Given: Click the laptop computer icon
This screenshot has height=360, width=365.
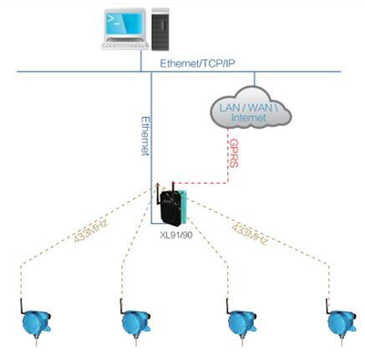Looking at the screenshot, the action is [x=124, y=29].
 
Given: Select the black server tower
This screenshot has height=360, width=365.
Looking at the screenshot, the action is [x=161, y=29].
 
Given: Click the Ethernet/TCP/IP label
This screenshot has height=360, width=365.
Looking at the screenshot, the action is [x=197, y=63].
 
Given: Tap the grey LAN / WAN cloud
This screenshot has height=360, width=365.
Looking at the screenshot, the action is [x=250, y=107].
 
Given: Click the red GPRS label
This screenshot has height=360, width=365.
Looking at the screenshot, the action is [x=234, y=154].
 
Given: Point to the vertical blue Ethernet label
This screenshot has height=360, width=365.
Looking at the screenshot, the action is [x=146, y=136].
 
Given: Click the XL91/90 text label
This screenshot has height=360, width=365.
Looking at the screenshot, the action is [x=176, y=235].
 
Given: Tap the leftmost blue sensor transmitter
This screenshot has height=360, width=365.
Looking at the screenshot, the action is [x=36, y=323].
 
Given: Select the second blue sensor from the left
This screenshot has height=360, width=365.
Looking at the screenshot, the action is [x=135, y=323].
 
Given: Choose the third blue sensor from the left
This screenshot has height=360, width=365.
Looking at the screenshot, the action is [x=242, y=323].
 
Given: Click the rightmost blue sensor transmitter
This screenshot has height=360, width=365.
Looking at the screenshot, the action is [x=341, y=323].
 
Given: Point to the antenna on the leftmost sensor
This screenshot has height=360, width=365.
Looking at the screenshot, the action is [x=23, y=306].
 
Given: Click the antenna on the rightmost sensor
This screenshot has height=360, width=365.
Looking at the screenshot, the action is [x=328, y=306].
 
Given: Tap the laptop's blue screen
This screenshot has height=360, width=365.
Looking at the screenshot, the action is [x=124, y=24].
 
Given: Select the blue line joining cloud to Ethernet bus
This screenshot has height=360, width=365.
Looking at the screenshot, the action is [x=255, y=79].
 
